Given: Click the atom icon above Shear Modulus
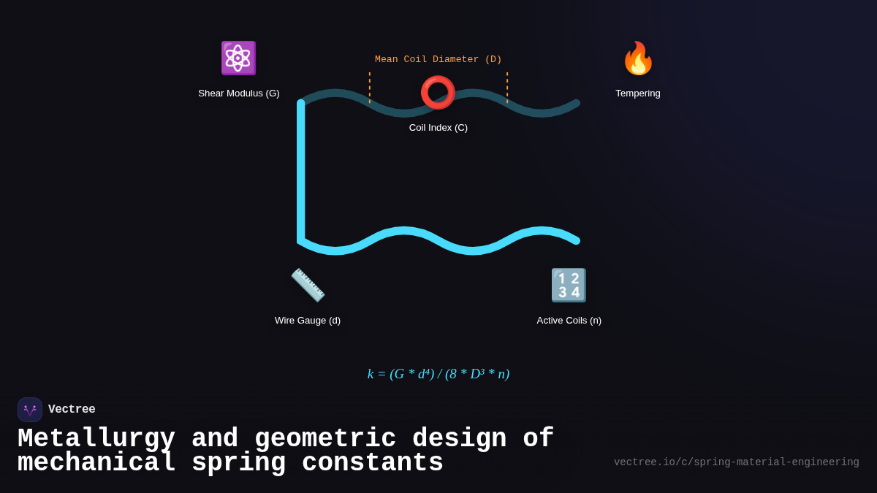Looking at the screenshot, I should pos(238,58).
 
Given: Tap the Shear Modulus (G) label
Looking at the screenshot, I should pos(239,93).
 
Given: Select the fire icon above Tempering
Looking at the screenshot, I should pos(638,58).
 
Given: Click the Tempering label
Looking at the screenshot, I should pos(638,93).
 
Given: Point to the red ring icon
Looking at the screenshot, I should pos(438,93).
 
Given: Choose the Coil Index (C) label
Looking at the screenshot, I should pos(438,128).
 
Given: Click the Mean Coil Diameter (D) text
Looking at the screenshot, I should pos(438,60).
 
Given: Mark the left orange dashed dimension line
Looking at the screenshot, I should pos(370,88).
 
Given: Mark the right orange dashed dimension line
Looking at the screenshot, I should pos(507,88).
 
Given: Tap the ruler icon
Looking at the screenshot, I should pos(308,285).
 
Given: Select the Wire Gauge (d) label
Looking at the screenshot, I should pos(308,321).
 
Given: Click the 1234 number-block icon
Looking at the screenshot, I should pos(569,285).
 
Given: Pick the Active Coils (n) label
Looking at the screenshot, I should pos(569,321).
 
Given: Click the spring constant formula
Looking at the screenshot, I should pos(438,374).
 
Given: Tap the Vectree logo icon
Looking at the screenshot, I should pos(30,410).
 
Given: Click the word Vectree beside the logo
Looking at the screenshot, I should pos(72,410).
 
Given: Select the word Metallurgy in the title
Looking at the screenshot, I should pos(96,439).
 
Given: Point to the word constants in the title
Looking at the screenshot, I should pos(373,463).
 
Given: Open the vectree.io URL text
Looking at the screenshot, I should pos(736,462).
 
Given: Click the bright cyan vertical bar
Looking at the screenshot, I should pos(300,172).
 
